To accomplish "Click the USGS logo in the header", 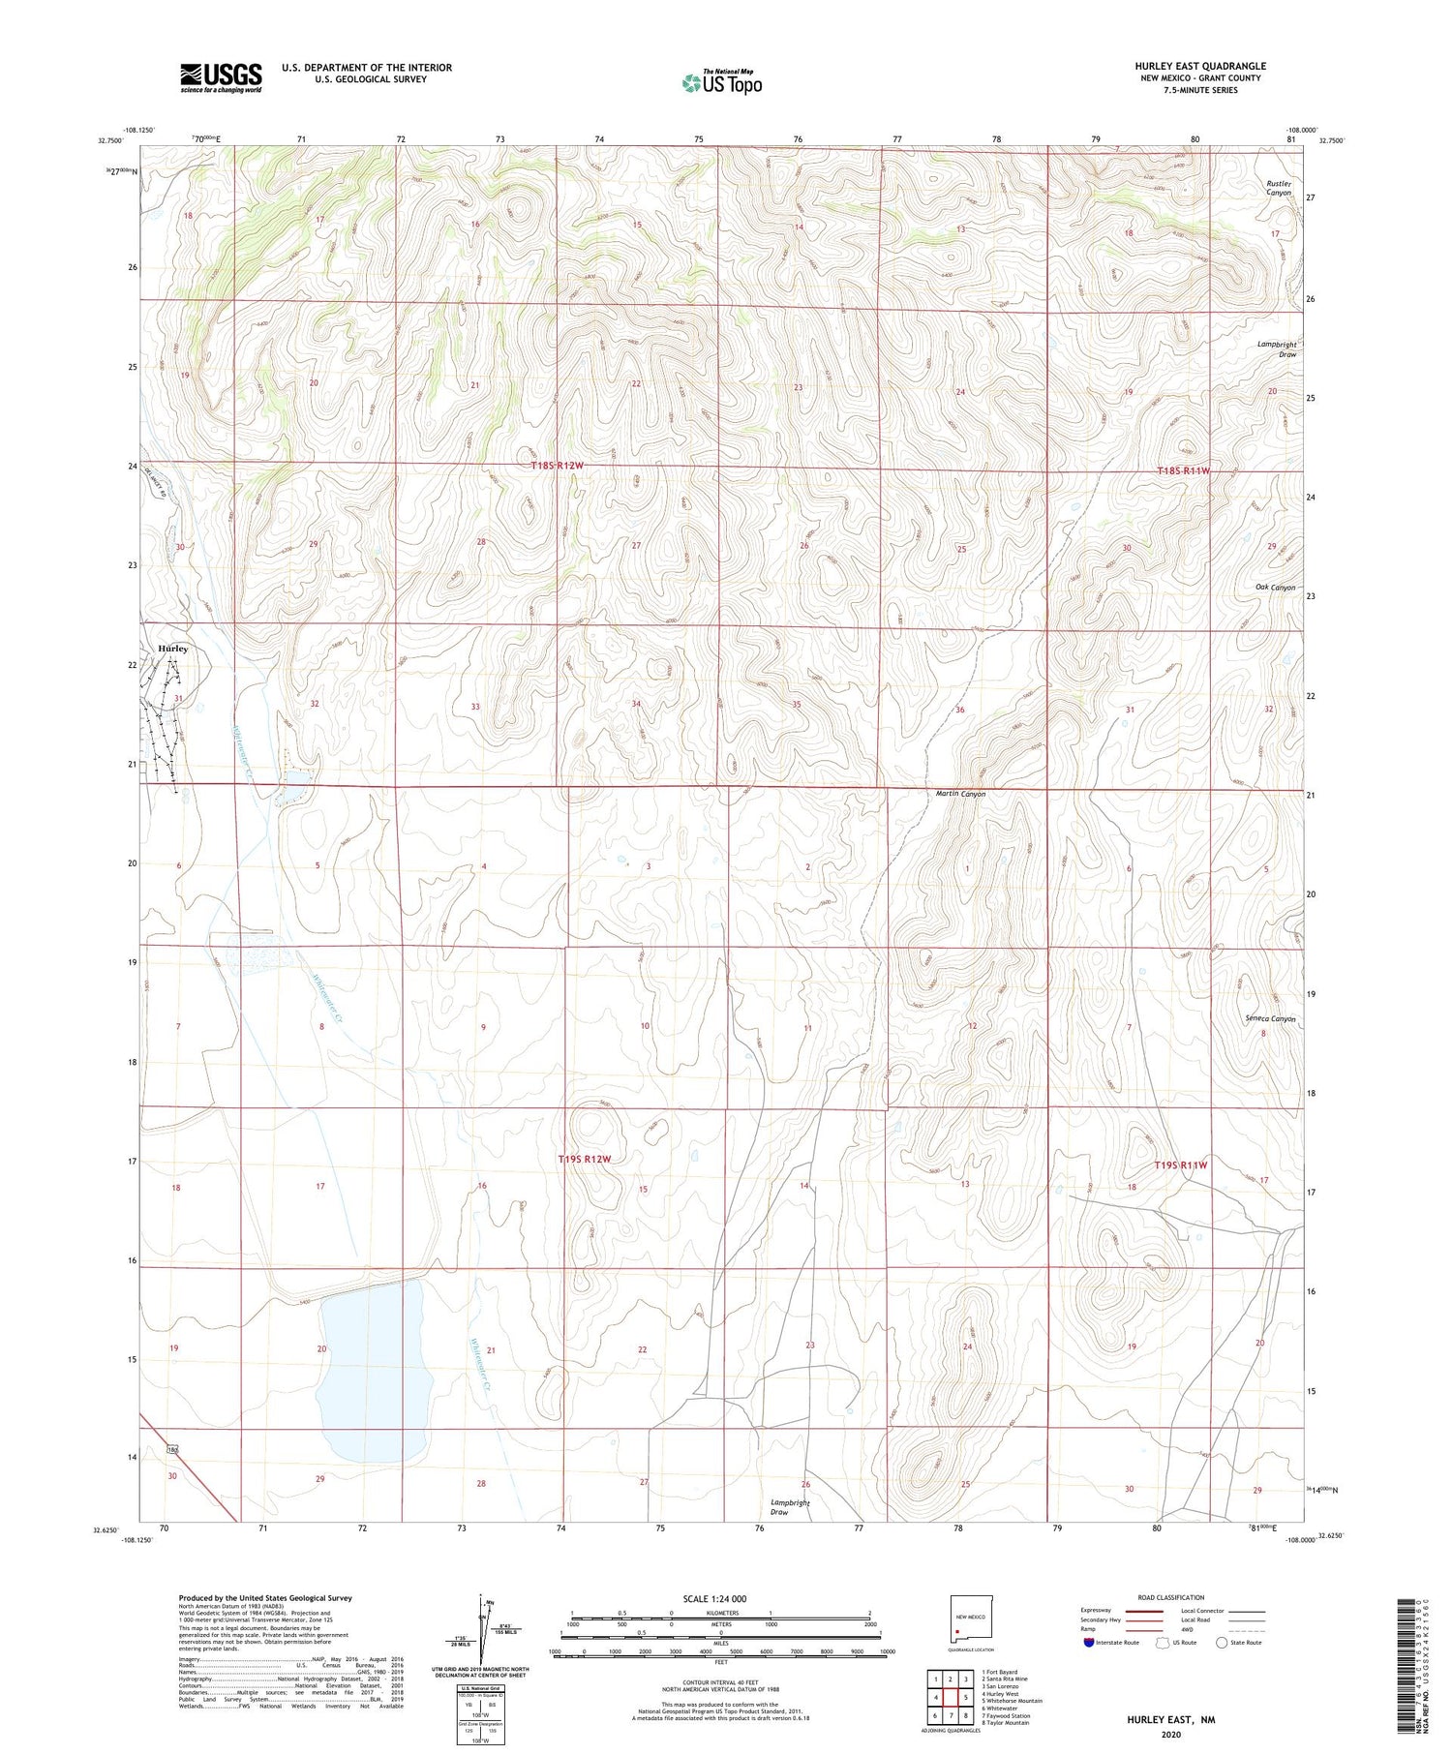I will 221,77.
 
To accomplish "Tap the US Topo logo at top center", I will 722,83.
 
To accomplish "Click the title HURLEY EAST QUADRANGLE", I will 1200,66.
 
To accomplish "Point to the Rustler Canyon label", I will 1279,188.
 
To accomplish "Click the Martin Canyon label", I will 960,794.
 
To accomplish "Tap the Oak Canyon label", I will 1275,588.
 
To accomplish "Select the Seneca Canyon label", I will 1270,1019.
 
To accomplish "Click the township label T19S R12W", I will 585,1159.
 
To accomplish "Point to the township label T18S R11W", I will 1183,470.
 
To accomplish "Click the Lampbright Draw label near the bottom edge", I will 790,1507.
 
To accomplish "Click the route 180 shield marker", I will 172,1449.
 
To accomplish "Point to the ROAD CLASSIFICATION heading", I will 1171,1597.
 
